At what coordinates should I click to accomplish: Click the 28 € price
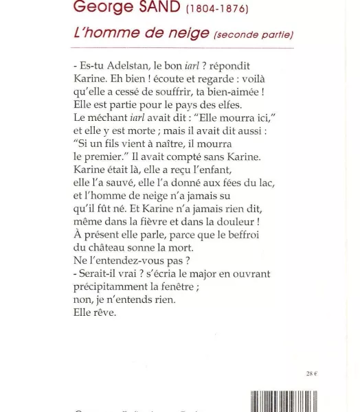click(x=311, y=374)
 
